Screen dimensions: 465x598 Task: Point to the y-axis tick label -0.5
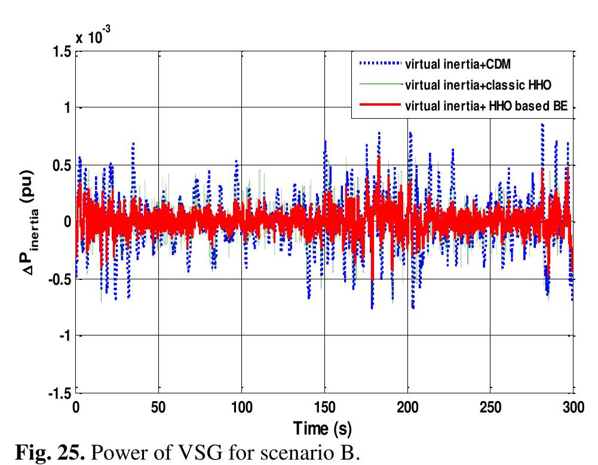60,280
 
